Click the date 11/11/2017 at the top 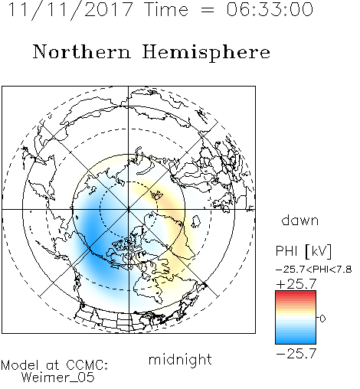pyautogui.click(x=70, y=10)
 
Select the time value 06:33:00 pyautogui.click(x=270, y=9)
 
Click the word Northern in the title pyautogui.click(x=82, y=51)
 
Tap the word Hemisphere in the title pyautogui.click(x=206, y=53)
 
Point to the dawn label pyautogui.click(x=300, y=220)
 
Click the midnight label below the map pyautogui.click(x=180, y=360)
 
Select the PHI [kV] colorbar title pyautogui.click(x=303, y=250)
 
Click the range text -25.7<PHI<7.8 pyautogui.click(x=314, y=270)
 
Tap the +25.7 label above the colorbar pyautogui.click(x=296, y=284)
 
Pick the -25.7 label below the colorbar pyautogui.click(x=296, y=354)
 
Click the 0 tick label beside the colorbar pyautogui.click(x=322, y=319)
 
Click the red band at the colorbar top pyautogui.click(x=296, y=294)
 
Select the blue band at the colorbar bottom pyautogui.click(x=296, y=341)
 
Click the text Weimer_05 pyautogui.click(x=58, y=378)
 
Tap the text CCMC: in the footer pyautogui.click(x=87, y=365)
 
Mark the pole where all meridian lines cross pyautogui.click(x=129, y=209)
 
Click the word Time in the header pyautogui.click(x=166, y=9)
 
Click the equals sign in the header pyautogui.click(x=208, y=10)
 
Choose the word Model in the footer pyautogui.click(x=20, y=365)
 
